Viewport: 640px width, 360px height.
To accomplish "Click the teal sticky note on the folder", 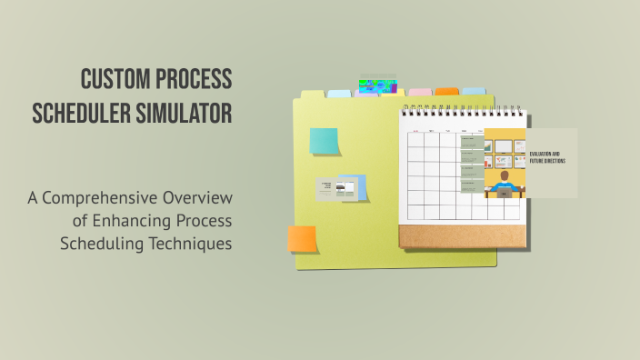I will point(324,141).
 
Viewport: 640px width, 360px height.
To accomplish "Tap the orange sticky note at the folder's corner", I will point(302,238).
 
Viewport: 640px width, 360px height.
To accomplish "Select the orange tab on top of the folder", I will point(446,92).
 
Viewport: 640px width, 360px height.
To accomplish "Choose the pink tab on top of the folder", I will point(420,93).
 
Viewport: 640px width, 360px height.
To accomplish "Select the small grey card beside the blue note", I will point(326,189).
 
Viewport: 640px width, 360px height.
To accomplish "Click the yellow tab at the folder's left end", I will point(313,94).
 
